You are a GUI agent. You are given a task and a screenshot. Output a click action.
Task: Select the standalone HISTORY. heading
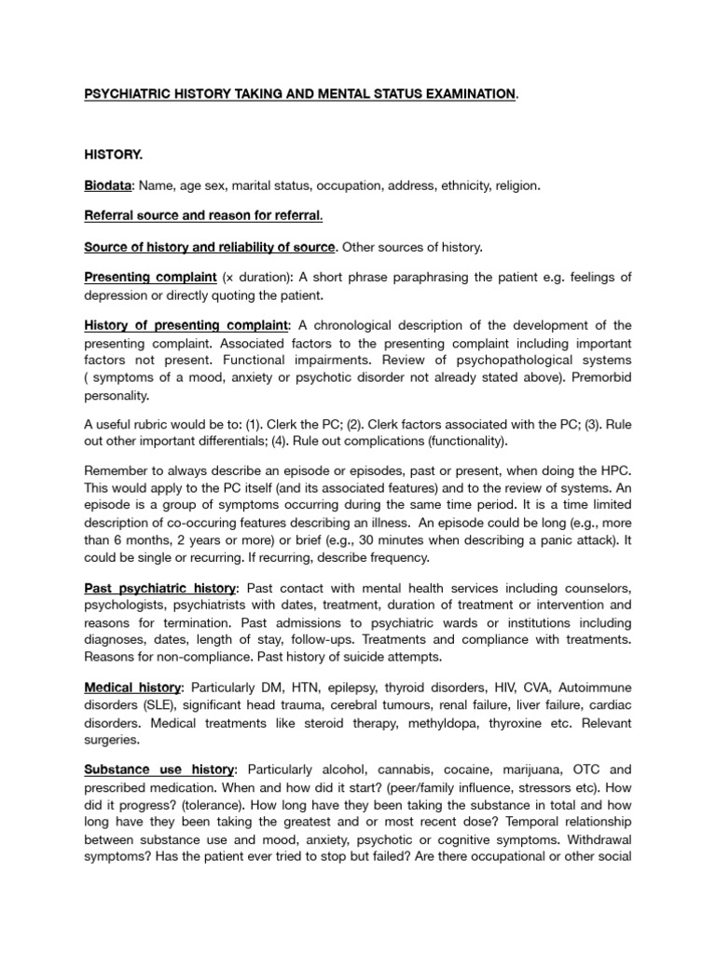(114, 152)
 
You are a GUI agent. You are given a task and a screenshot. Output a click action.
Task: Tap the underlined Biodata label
(109, 185)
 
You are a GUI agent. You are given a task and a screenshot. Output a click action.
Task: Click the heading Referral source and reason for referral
(203, 216)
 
